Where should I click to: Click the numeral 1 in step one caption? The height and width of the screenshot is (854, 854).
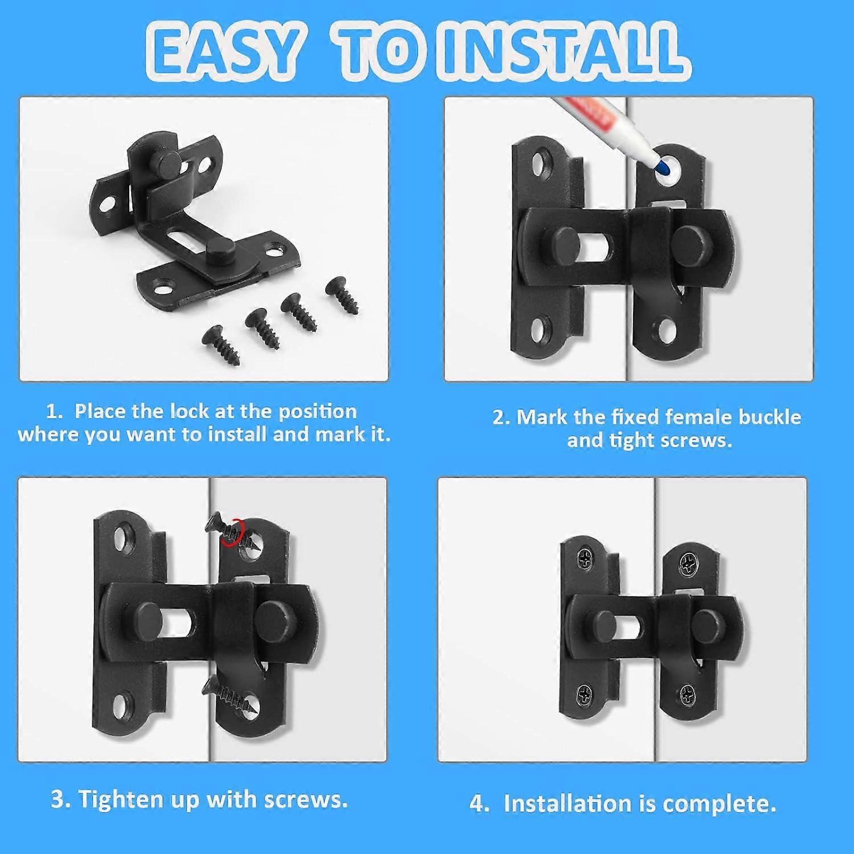point(53,411)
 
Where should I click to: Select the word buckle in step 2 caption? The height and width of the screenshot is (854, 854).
point(770,417)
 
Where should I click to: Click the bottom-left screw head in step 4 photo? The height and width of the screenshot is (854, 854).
point(586,693)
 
